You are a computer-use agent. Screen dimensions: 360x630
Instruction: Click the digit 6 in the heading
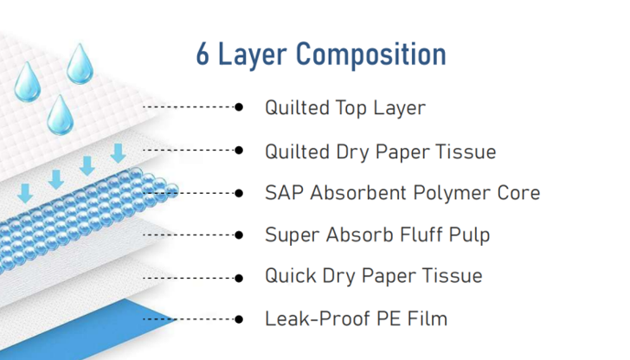point(202,55)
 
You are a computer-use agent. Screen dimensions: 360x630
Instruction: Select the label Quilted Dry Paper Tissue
point(380,151)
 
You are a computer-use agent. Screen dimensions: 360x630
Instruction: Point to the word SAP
point(281,192)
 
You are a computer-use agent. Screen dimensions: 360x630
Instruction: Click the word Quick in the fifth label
point(288,276)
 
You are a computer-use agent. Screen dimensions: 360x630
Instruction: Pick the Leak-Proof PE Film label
point(356,318)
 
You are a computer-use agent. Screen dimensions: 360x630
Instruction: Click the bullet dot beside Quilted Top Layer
point(240,107)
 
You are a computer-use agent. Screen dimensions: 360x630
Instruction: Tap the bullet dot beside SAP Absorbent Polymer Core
point(240,192)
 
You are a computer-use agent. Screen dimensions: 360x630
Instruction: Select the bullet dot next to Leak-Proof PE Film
point(240,318)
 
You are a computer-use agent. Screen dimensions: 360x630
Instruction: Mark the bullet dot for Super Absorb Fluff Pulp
point(240,234)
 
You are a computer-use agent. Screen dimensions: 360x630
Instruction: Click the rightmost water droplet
point(81,62)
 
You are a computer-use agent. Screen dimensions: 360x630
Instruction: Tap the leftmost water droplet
point(26,80)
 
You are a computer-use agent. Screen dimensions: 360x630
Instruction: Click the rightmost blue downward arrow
point(118,154)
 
